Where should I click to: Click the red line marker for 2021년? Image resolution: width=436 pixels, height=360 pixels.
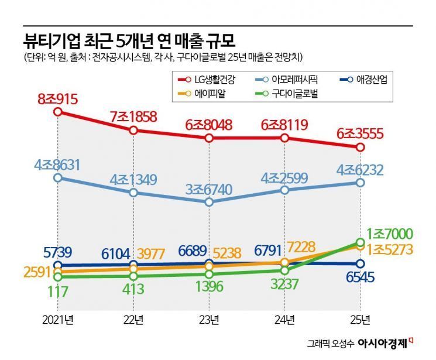click(57, 111)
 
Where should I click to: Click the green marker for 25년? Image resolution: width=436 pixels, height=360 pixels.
click(360, 242)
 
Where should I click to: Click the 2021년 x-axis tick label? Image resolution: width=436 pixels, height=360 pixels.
click(57, 318)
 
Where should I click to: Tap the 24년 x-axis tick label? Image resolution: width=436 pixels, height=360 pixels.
click(284, 318)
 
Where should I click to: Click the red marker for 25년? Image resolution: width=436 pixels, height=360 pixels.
click(360, 147)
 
